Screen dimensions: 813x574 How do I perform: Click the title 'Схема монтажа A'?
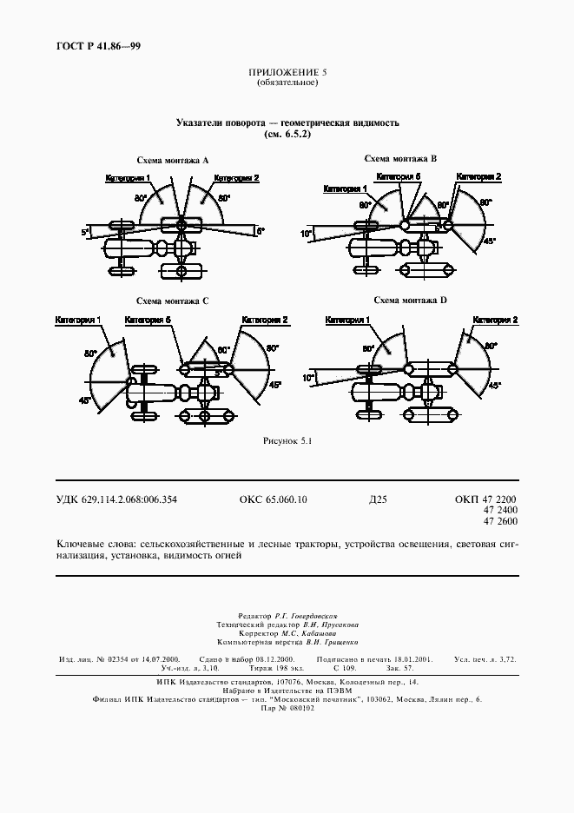tap(174, 161)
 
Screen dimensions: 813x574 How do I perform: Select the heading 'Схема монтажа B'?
tap(400, 158)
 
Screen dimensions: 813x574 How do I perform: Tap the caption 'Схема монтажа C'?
tap(173, 301)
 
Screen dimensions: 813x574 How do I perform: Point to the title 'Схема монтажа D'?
tap(410, 300)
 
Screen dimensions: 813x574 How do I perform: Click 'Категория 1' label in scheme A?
tap(128, 178)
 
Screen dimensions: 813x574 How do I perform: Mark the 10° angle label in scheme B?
tap(307, 234)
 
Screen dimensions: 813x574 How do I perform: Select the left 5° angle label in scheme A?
tap(85, 232)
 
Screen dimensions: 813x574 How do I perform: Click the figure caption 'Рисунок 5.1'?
tap(287, 441)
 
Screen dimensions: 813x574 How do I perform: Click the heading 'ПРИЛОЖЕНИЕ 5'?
tap(287, 73)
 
